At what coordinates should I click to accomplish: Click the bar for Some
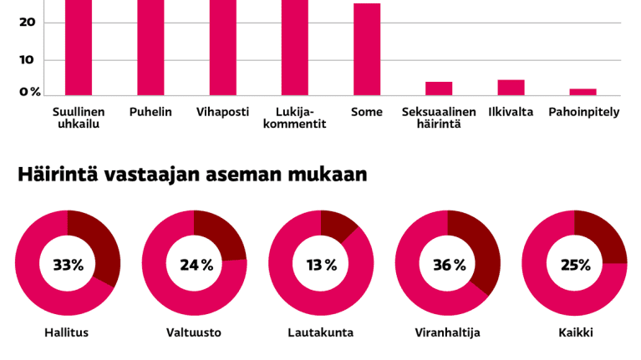367,50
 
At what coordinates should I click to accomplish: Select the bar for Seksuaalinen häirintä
439,89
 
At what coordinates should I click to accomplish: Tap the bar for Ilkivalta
511,88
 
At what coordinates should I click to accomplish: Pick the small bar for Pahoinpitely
582,92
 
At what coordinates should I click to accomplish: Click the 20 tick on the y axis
27,22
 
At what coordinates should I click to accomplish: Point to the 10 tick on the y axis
27,60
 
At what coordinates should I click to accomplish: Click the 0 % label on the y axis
30,92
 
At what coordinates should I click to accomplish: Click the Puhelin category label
150,112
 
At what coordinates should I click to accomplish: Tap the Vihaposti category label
222,112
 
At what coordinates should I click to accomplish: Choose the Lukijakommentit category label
295,118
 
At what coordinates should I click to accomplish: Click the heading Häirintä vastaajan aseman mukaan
192,175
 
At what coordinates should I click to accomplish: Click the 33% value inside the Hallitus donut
68,265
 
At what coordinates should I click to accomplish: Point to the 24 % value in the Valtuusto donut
196,265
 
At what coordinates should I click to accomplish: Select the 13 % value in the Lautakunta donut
321,265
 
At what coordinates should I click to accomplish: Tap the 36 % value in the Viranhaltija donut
449,265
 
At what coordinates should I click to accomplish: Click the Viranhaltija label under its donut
447,332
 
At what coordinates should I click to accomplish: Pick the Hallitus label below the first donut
67,332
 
